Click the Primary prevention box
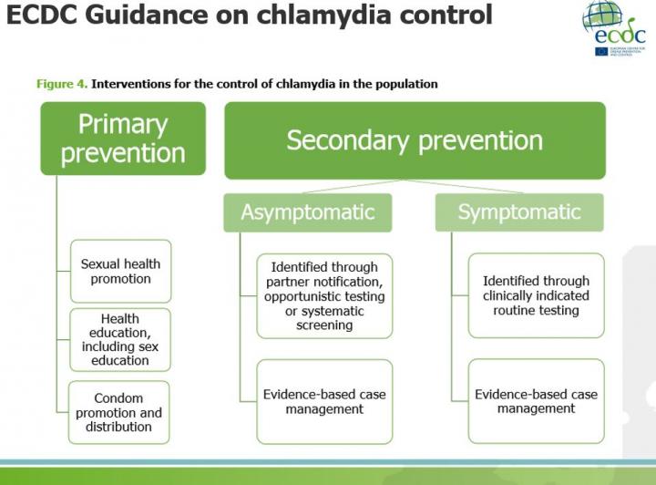(x=123, y=139)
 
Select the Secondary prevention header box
(x=415, y=139)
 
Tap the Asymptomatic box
(x=308, y=212)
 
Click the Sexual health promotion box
(x=120, y=271)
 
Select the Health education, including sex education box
(x=120, y=340)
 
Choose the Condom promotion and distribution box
(x=120, y=412)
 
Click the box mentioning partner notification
(x=324, y=296)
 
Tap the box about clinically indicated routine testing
(x=536, y=296)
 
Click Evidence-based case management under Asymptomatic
(x=324, y=401)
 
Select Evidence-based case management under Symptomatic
(x=536, y=401)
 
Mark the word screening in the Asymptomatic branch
(x=324, y=325)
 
